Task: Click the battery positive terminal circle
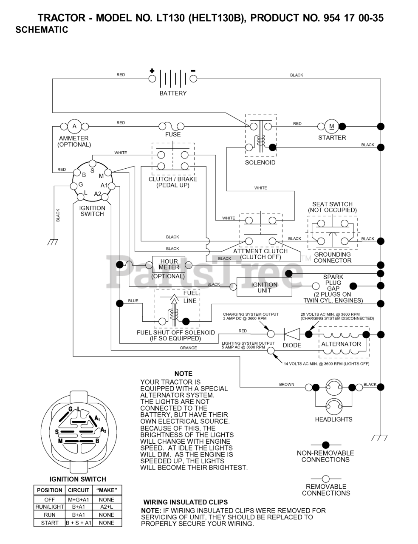point(152,79)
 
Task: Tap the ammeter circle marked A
point(74,126)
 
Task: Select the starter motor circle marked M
point(331,126)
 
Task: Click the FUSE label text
point(173,134)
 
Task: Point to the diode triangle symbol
point(292,334)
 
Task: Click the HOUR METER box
point(169,264)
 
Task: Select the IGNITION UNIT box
point(264,287)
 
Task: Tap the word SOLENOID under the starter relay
point(260,162)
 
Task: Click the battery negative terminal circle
point(193,79)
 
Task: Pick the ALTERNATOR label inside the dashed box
point(341,344)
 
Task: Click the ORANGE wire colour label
point(188,348)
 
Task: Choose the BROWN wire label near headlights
point(287,384)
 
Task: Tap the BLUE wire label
point(133,300)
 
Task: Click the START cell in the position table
point(50,523)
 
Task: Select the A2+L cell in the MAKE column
point(107,507)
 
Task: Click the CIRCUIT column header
point(79,490)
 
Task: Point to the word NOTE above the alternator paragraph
point(184,374)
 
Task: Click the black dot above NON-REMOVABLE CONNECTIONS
point(326,445)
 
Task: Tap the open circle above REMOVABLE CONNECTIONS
point(326,479)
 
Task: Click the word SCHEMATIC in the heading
point(42,30)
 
